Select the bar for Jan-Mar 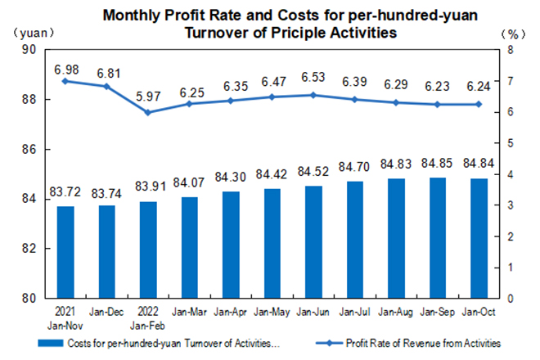pos(189,247)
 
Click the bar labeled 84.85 pos(437,237)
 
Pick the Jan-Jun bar pos(313,241)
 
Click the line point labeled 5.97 pos(147,112)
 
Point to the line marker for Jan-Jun pos(313,95)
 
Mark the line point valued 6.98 pos(65,81)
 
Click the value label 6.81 pos(106,71)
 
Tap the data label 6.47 pos(272,82)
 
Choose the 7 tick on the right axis pos(510,81)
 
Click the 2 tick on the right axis pos(510,236)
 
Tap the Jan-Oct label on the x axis pos(479,312)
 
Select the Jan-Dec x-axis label pos(106,312)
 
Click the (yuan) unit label pos(32,33)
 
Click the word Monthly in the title pos(130,15)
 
